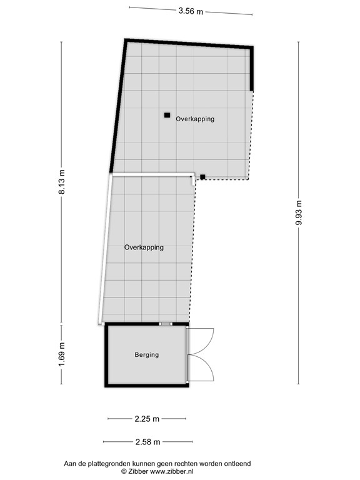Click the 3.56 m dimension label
pos(191,11)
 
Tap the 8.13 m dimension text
pos(61,182)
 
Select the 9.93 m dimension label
pos(299,213)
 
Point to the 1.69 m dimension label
pos(61,354)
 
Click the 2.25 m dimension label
pos(147,419)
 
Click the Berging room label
pos(147,355)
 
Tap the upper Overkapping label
pos(195,118)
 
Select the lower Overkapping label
pos(144,247)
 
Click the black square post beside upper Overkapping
pos(167,115)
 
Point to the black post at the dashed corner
pos(202,177)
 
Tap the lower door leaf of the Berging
pos(201,369)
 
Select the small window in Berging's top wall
pos(166,324)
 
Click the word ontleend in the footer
pos(236,463)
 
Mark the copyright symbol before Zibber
pos(124,471)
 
